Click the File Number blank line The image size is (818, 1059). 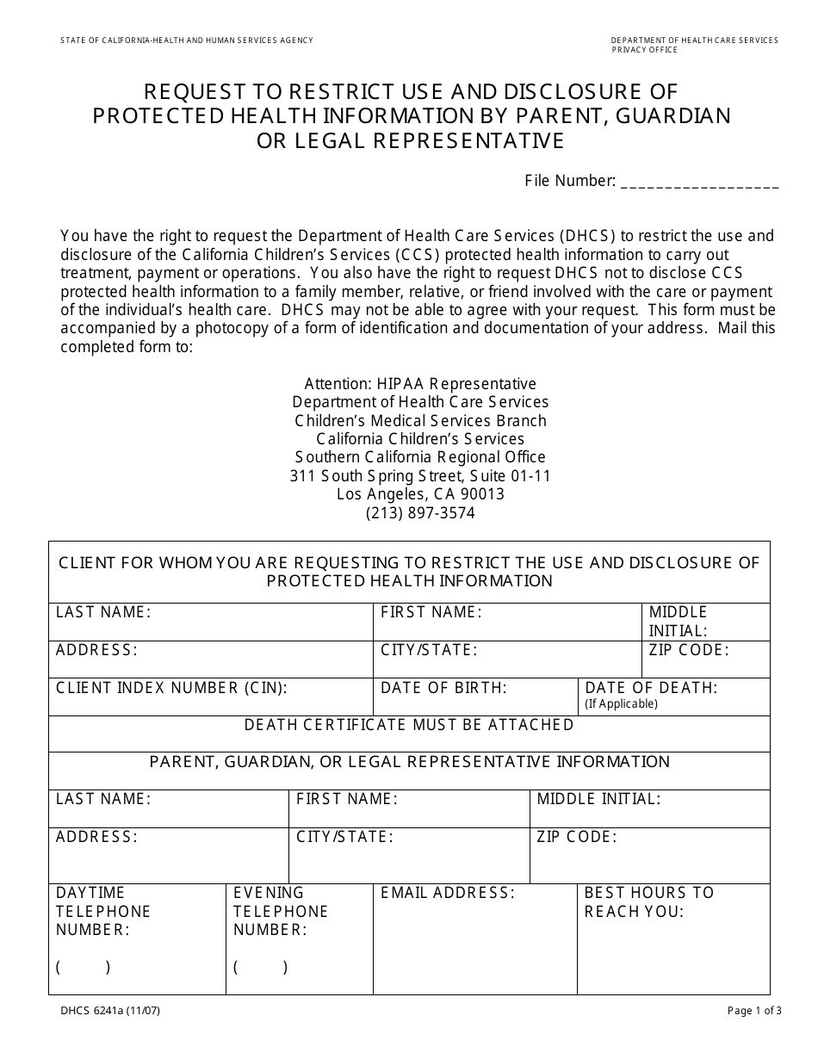tap(699, 183)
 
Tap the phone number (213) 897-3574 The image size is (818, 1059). tap(420, 513)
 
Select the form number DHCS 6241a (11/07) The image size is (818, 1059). tap(110, 1012)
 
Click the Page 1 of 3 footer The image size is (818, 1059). tap(754, 1012)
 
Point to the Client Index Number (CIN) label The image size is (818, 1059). tap(171, 688)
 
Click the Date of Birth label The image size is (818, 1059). tap(443, 688)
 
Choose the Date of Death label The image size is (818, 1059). tap(651, 688)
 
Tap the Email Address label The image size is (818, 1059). tap(448, 893)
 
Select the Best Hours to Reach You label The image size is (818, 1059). tap(649, 902)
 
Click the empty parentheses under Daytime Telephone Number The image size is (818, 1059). tap(84, 967)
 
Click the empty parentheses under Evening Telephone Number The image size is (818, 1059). tap(261, 967)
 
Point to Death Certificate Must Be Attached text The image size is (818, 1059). tap(409, 725)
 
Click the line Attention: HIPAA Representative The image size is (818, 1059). tap(420, 384)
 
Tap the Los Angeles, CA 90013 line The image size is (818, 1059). tap(420, 494)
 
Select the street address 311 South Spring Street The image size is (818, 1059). tap(420, 476)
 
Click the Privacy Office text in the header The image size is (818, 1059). tap(644, 50)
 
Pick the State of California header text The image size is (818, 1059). tap(187, 40)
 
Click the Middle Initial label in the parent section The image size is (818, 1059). tap(598, 799)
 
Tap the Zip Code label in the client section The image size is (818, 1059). tap(689, 650)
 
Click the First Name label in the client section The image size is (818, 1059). tap(431, 612)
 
